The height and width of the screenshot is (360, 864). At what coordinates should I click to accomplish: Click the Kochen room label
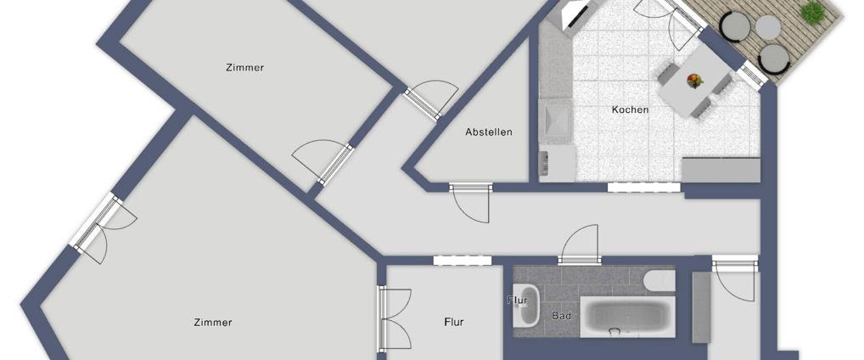click(630, 110)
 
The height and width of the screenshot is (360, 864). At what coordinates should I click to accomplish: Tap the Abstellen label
click(489, 132)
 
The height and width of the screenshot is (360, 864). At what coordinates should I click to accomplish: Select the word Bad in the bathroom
click(560, 316)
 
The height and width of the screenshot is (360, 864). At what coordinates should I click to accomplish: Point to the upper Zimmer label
click(244, 68)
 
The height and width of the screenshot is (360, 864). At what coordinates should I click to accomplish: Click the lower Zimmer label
click(212, 323)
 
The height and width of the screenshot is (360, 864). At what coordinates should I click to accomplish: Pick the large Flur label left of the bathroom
click(454, 322)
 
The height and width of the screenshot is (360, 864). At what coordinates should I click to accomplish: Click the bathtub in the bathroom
click(626, 314)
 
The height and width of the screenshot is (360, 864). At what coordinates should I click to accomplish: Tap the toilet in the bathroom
click(659, 281)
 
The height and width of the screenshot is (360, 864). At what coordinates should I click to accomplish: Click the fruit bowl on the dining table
click(695, 81)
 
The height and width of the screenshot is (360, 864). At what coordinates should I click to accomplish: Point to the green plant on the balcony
click(812, 12)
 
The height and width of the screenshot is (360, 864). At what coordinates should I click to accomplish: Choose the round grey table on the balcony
click(766, 27)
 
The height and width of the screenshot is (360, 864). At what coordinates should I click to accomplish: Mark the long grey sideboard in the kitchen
click(721, 170)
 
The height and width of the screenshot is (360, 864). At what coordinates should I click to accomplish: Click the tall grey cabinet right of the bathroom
click(700, 307)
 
